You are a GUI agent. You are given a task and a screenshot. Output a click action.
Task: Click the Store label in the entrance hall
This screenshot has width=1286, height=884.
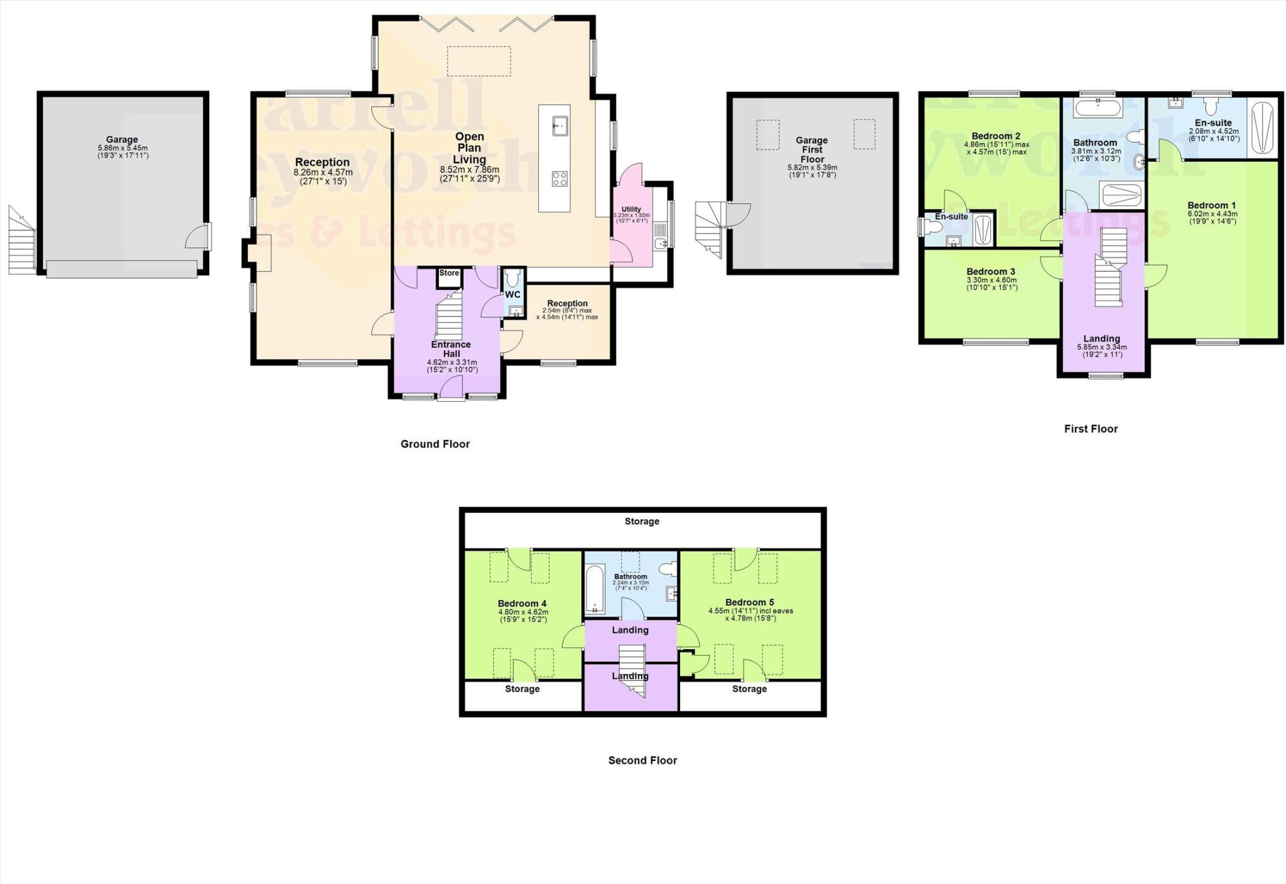click(x=449, y=273)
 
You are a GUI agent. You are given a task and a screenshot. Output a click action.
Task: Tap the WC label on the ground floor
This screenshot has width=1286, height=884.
click(x=513, y=294)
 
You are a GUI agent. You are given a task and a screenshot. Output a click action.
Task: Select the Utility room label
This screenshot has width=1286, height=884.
click(x=631, y=209)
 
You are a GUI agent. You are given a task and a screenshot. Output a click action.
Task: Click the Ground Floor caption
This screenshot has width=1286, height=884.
click(x=435, y=444)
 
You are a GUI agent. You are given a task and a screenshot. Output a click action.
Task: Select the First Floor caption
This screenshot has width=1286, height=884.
click(x=1091, y=429)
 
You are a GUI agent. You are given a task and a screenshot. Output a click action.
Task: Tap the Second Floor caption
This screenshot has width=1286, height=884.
click(x=642, y=760)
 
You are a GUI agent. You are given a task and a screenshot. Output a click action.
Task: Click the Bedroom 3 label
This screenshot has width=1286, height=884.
click(x=991, y=272)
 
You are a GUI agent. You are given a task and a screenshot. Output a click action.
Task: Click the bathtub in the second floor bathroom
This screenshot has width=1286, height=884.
click(x=595, y=589)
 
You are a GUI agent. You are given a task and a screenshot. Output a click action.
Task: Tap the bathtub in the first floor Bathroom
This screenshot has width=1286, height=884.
click(x=1098, y=109)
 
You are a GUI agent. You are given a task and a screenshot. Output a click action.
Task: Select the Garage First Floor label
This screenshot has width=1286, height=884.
click(x=812, y=149)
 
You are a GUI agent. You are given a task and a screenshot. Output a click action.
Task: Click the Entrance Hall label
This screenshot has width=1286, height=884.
click(x=451, y=349)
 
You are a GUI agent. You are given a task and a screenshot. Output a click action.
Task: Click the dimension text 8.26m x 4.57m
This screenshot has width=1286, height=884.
click(x=323, y=173)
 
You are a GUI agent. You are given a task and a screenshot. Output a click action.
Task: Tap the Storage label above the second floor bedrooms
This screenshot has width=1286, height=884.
click(x=642, y=521)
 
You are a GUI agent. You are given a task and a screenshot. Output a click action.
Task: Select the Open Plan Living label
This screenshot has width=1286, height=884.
click(x=469, y=148)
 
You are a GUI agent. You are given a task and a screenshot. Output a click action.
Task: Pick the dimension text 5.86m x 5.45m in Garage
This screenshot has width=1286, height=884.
click(x=122, y=148)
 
